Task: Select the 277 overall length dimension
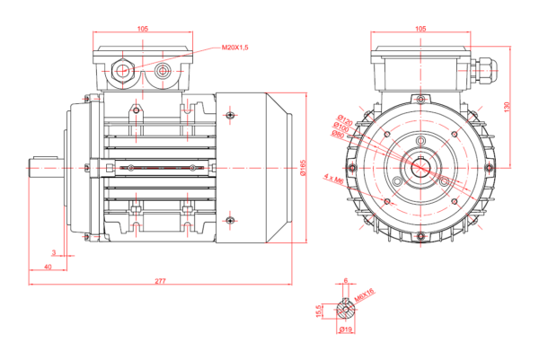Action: [160, 281]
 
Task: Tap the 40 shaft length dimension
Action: [47, 268]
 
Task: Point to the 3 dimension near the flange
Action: [54, 253]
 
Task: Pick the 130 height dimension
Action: [507, 106]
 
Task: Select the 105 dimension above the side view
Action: [143, 29]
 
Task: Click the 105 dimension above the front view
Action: [421, 29]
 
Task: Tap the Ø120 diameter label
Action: [343, 119]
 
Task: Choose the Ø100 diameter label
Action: [340, 127]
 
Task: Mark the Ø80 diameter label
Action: [338, 135]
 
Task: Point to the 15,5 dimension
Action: [319, 311]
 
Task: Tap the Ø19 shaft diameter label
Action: [344, 330]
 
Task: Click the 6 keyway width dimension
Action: [345, 282]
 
